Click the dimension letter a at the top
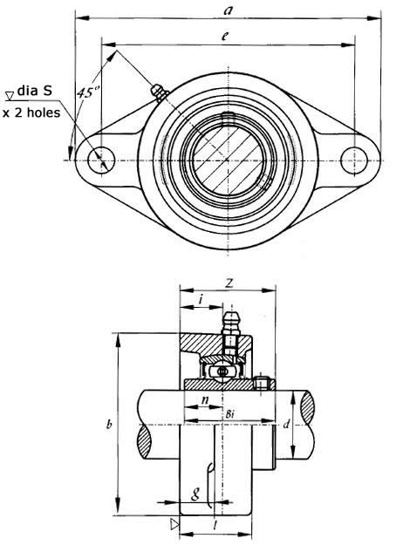pyautogui.click(x=229, y=10)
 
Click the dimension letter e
pyautogui.click(x=225, y=36)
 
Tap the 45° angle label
pyautogui.click(x=88, y=92)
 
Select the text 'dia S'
pyautogui.click(x=35, y=91)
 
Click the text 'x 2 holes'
pyautogui.click(x=31, y=112)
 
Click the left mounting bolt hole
pyautogui.click(x=101, y=160)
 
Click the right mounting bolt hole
pyautogui.click(x=354, y=160)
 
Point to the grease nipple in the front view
pyautogui.click(x=160, y=92)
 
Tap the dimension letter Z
pyautogui.click(x=229, y=283)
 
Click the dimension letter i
pyautogui.click(x=201, y=300)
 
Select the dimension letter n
pyautogui.click(x=205, y=400)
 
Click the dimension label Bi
pyautogui.click(x=229, y=414)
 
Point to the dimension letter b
pyautogui.click(x=109, y=425)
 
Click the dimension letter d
pyautogui.click(x=286, y=424)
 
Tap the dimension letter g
pyautogui.click(x=195, y=494)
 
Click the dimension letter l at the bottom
pyautogui.click(x=215, y=525)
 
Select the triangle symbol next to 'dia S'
pyautogui.click(x=10, y=95)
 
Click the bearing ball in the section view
pyautogui.click(x=222, y=371)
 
